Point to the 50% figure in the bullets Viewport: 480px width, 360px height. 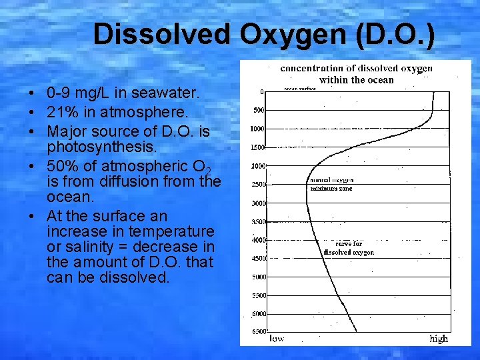[x=59, y=166]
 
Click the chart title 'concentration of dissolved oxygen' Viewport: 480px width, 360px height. [x=357, y=68]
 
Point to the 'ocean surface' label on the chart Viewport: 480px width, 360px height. [x=300, y=89]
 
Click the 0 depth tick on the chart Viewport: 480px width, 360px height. [x=262, y=92]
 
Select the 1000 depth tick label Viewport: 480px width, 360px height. [x=257, y=129]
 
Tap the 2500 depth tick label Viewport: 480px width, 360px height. [x=257, y=185]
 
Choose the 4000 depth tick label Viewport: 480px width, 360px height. [x=257, y=239]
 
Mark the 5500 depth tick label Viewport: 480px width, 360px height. [x=257, y=295]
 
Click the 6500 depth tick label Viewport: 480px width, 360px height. [x=257, y=331]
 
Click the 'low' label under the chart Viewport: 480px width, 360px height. [x=276, y=339]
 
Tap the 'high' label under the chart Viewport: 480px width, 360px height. [x=439, y=339]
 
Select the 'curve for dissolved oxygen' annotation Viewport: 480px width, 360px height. [x=349, y=248]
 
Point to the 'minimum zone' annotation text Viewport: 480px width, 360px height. [x=331, y=189]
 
